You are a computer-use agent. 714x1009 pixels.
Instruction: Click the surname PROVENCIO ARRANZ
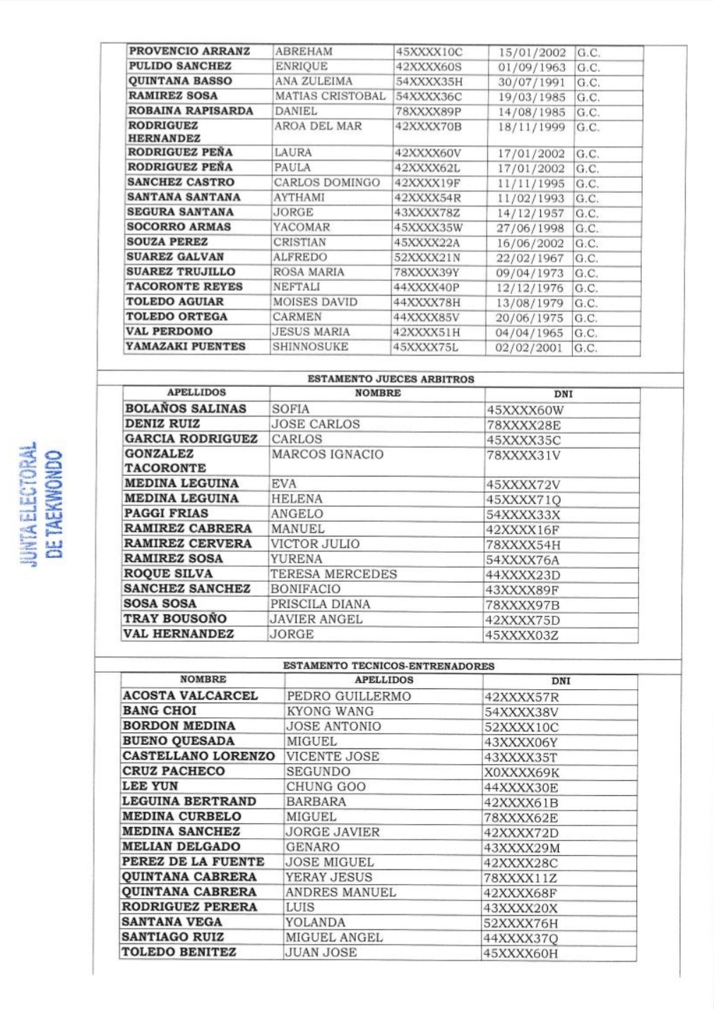tap(189, 51)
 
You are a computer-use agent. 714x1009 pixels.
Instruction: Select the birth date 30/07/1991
tap(531, 82)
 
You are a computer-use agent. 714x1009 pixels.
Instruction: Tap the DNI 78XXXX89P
tap(428, 112)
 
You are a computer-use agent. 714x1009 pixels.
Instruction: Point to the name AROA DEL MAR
tap(318, 126)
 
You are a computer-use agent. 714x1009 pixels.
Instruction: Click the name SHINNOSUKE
tap(310, 347)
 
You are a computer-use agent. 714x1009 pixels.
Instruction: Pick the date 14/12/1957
tap(530, 213)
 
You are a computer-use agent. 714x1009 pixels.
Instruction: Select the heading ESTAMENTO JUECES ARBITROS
tap(391, 379)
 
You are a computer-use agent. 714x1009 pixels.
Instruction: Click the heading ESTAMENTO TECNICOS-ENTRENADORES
tap(388, 666)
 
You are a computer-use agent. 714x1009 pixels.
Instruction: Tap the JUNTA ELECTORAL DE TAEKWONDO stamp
tap(41, 504)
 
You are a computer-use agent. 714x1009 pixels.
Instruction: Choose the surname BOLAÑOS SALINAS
tap(185, 409)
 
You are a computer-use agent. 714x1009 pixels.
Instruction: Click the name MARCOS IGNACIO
tap(328, 455)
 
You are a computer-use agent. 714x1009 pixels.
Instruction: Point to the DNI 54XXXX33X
tap(523, 515)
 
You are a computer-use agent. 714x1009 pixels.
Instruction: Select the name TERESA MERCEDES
tap(333, 574)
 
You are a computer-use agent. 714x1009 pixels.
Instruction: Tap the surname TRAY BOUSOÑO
tap(175, 619)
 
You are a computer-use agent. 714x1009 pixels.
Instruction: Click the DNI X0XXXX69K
tap(522, 772)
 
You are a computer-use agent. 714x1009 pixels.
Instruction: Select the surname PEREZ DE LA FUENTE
tap(193, 862)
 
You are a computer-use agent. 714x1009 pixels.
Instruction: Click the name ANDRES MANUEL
tap(340, 892)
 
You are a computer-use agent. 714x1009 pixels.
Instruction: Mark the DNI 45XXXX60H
tap(520, 953)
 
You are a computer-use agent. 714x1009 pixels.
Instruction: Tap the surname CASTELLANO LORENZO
tap(198, 756)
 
